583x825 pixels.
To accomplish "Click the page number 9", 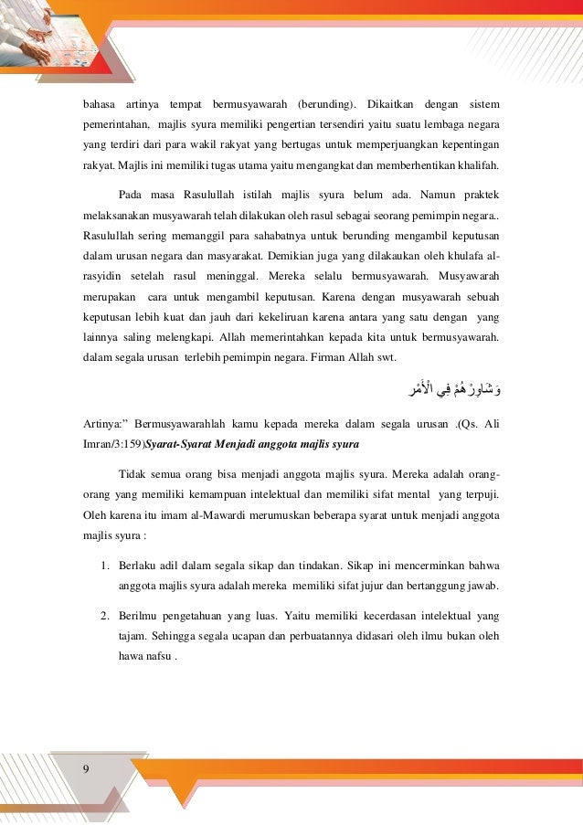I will click(85, 767).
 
